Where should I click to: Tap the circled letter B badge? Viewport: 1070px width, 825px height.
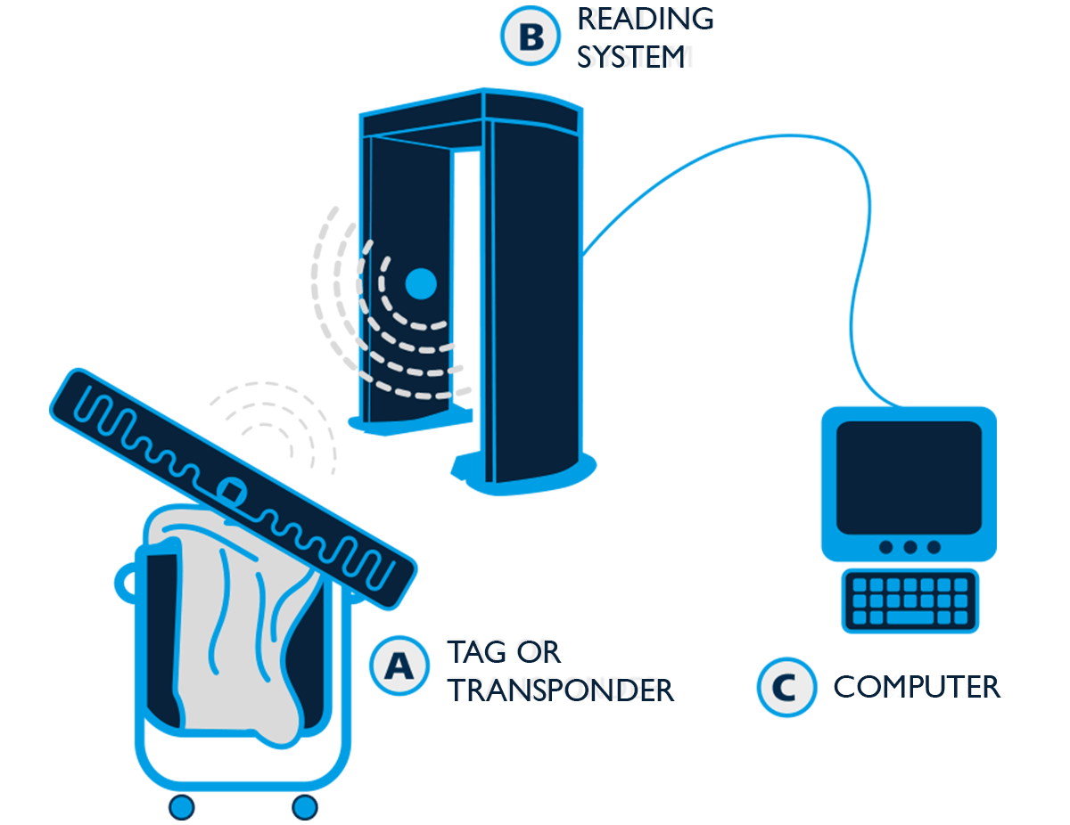pyautogui.click(x=531, y=37)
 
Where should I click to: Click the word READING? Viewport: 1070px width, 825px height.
pyautogui.click(x=646, y=18)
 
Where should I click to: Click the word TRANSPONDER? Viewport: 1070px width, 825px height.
pyautogui.click(x=561, y=689)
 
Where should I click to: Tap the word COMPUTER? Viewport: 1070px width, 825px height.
pyautogui.click(x=915, y=686)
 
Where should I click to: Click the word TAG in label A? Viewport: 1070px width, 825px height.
pyautogui.click(x=478, y=650)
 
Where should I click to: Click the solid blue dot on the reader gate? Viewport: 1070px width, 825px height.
pyautogui.click(x=420, y=284)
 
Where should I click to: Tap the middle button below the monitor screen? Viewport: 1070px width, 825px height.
pyautogui.click(x=909, y=547)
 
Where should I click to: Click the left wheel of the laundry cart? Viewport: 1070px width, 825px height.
pyautogui.click(x=182, y=807)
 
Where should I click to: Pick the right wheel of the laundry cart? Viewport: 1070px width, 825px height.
pyautogui.click(x=305, y=807)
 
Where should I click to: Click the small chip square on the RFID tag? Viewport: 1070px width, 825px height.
pyautogui.click(x=232, y=490)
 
